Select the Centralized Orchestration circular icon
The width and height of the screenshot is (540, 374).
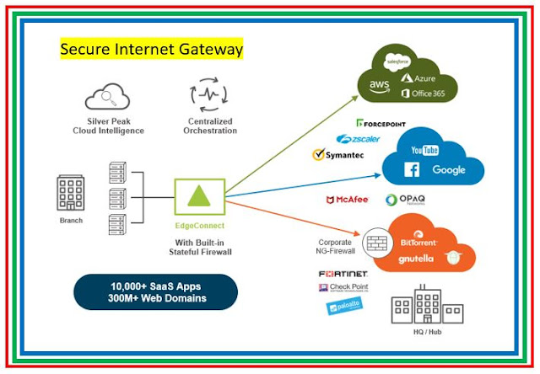(211, 96)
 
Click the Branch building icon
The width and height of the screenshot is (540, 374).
(70, 195)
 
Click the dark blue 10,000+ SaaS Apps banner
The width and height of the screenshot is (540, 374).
(156, 291)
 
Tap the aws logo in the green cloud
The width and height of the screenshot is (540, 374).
(377, 85)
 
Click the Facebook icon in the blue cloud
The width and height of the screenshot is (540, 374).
(414, 169)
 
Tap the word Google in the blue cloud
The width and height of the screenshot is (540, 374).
(449, 169)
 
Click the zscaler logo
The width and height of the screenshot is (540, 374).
(359, 138)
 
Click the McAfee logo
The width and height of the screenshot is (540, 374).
(346, 200)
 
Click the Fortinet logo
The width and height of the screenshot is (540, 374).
(343, 274)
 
